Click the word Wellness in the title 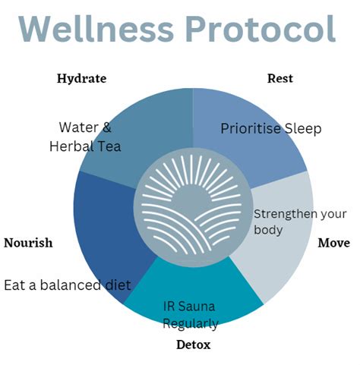[96, 29]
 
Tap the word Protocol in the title [261, 29]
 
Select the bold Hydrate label [81, 79]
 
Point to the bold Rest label [280, 78]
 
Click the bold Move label [334, 243]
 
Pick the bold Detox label [194, 345]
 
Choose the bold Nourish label [28, 243]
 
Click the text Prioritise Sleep [271, 128]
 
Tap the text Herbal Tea [85, 146]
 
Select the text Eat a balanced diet [68, 285]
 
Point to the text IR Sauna [189, 307]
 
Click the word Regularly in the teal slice [191, 324]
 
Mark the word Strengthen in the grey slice [282, 215]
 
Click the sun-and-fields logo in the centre [193, 207]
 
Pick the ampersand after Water [107, 127]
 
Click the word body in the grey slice [268, 230]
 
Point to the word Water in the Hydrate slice [78, 127]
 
